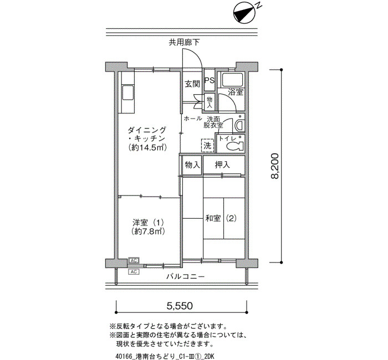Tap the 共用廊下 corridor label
point(184,43)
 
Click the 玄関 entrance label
point(192,84)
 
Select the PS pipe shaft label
point(210,81)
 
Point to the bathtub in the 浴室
point(232,80)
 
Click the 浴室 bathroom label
point(236,92)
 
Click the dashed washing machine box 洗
point(207,146)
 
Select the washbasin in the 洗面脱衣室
point(239,125)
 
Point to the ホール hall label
point(193,119)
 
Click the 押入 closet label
point(222,164)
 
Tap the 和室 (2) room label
point(221,218)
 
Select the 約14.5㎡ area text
point(147,148)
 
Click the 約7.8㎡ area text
point(149,232)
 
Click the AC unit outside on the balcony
point(134,272)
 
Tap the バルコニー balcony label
point(185,276)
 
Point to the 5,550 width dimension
point(180,306)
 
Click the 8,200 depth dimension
point(275,166)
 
